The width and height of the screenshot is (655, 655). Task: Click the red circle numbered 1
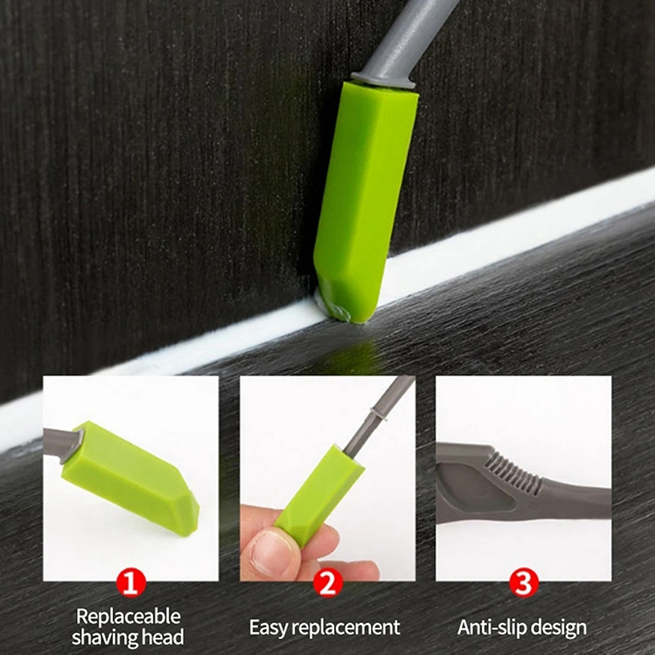[131, 582]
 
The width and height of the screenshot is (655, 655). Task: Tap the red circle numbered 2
[327, 582]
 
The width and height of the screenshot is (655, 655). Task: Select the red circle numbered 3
[523, 582]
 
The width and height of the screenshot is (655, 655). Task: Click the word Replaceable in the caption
[129, 617]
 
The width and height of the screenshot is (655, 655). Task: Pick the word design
[560, 628]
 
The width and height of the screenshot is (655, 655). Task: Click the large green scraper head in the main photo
[364, 201]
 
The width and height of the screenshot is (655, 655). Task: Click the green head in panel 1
[130, 477]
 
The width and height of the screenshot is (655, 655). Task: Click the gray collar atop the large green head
[383, 79]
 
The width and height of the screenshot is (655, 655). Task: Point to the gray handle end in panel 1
[63, 445]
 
